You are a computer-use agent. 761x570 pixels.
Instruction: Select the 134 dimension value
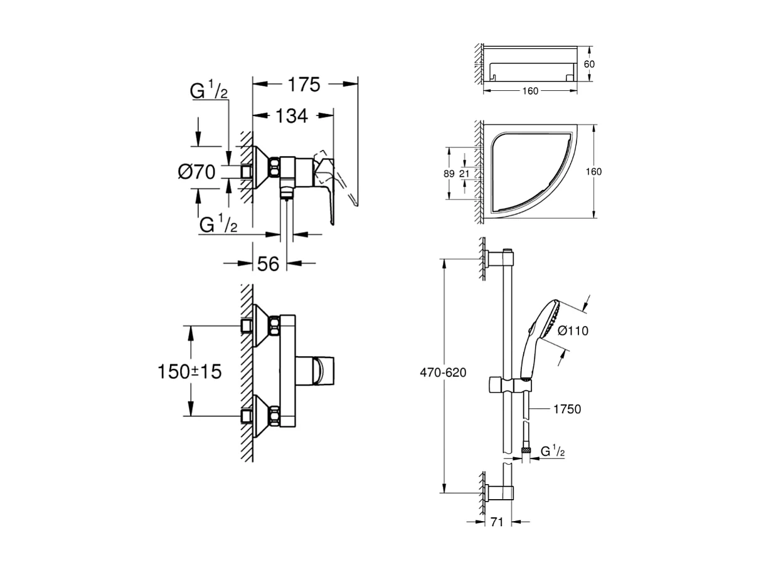[291, 116]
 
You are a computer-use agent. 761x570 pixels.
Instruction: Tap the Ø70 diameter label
[196, 171]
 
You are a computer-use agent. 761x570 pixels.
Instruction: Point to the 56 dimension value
[268, 264]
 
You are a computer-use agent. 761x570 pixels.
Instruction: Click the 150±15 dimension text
[189, 371]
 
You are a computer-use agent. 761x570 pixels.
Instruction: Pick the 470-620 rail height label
[444, 372]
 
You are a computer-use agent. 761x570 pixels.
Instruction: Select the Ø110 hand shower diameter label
[572, 330]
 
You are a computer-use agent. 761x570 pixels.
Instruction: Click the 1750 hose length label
[567, 409]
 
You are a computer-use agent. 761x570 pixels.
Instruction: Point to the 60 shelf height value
[589, 65]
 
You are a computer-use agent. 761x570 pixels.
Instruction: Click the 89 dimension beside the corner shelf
[448, 174]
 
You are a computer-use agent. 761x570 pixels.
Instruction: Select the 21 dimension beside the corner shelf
[464, 174]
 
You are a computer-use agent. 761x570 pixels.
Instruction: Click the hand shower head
[543, 326]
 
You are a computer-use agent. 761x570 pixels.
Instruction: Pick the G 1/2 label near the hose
[553, 450]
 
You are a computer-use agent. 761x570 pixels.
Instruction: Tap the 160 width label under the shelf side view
[530, 91]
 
